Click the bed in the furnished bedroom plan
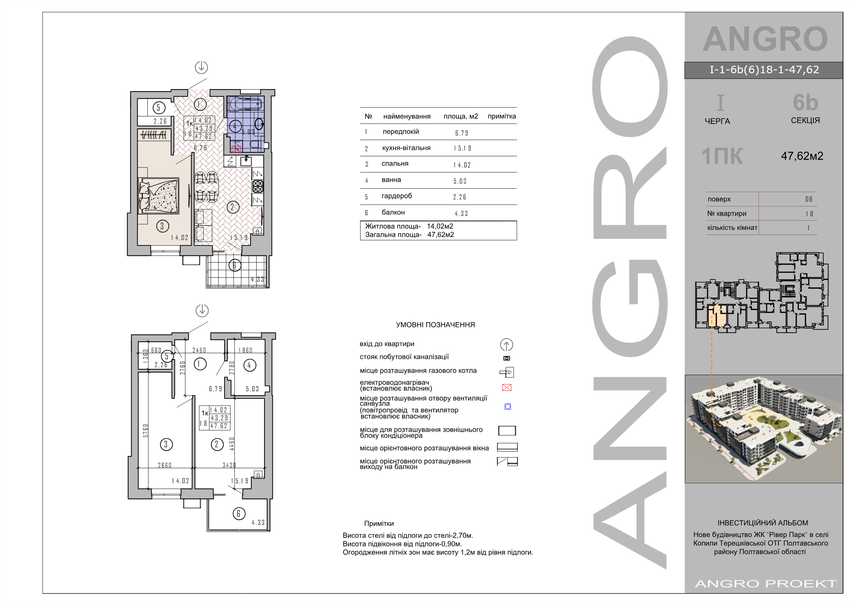[159, 195]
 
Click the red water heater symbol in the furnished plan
[236, 149]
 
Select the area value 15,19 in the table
[462, 148]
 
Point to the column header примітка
[502, 116]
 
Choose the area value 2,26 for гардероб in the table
[460, 197]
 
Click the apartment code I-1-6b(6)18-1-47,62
[764, 70]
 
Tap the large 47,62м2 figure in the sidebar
[802, 156]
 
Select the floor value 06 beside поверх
[809, 199]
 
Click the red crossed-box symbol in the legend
[507, 388]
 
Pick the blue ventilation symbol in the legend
[508, 407]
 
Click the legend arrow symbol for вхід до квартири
[506, 345]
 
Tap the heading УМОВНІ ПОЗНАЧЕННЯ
[435, 325]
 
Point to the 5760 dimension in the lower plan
[146, 430]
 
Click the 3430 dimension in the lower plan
[229, 465]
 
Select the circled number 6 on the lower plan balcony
[239, 514]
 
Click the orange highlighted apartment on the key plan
[717, 315]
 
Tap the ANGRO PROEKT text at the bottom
[766, 584]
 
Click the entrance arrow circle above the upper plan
[201, 68]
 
